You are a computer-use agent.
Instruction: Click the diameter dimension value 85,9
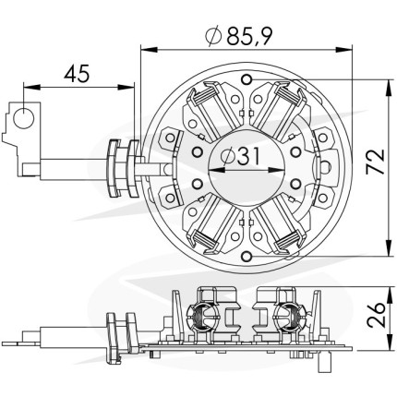point(249,36)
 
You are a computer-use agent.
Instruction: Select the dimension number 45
point(77,74)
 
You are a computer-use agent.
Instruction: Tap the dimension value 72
point(376,162)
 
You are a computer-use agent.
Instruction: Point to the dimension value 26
point(376,314)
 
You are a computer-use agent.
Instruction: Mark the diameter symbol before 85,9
point(213,36)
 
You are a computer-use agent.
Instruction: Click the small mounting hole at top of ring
point(247,79)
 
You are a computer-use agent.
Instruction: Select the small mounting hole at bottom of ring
point(247,256)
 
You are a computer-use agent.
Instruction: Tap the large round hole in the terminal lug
point(23,118)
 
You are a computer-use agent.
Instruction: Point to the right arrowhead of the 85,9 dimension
point(343,49)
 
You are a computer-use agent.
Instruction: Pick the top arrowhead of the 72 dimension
point(389,88)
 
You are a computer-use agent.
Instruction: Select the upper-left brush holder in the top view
point(211,110)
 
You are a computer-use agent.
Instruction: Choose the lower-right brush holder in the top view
point(280,225)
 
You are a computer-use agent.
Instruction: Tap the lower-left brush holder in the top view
point(211,225)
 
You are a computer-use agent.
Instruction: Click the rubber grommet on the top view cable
point(123,168)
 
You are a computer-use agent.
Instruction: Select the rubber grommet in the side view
point(121,338)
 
